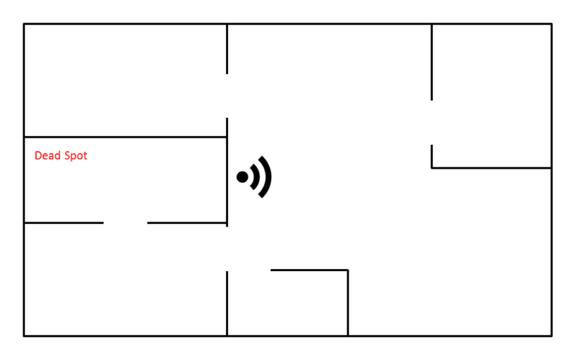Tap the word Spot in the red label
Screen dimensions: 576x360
pyautogui.click(x=76, y=156)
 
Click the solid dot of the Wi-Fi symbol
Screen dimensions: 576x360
pyautogui.click(x=242, y=177)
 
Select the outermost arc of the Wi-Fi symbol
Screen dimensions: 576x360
pyautogui.click(x=267, y=176)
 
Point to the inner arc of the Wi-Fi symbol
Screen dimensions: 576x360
pyautogui.click(x=256, y=176)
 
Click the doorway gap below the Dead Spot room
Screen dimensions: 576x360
pyautogui.click(x=126, y=223)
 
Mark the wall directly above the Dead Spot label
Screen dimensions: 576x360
pyautogui.click(x=125, y=137)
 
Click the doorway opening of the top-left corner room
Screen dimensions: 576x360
pyautogui.click(x=227, y=95)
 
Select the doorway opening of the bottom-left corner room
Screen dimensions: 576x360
pyautogui.click(x=227, y=248)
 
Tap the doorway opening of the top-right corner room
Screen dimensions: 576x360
pyautogui.click(x=432, y=122)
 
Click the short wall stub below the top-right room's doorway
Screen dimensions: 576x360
pyautogui.click(x=432, y=156)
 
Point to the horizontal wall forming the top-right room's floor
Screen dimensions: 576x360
pyautogui.click(x=491, y=168)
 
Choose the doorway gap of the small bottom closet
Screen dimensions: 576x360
pyautogui.click(x=248, y=270)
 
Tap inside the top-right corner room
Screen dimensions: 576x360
pyautogui.click(x=491, y=95)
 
